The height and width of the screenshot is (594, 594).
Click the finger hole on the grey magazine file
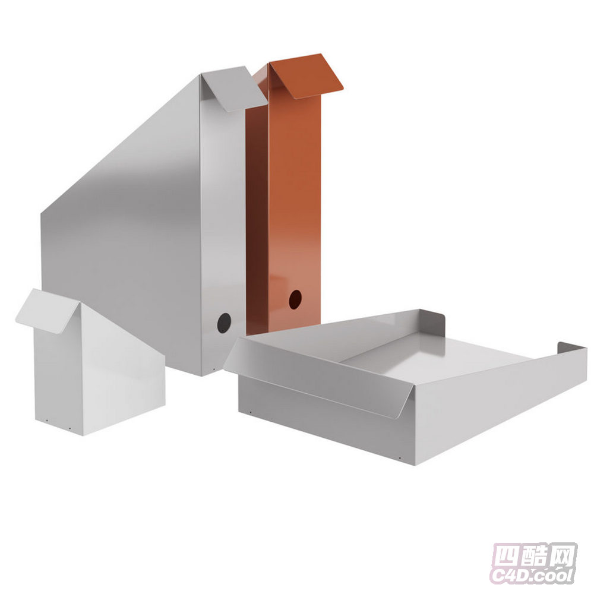(224, 323)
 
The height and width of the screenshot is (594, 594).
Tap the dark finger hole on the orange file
(295, 299)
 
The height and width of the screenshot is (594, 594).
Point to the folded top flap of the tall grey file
(234, 89)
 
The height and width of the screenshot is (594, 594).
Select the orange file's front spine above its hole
(295, 189)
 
